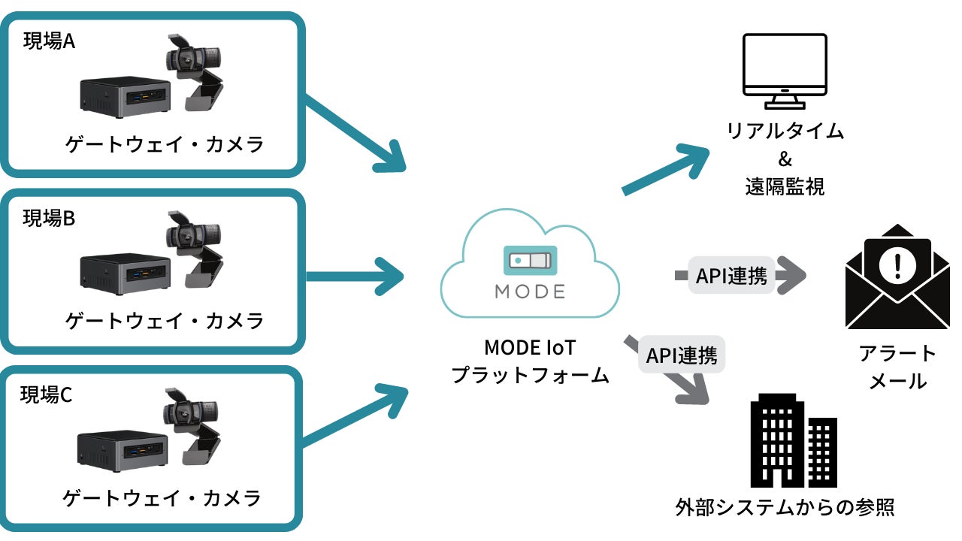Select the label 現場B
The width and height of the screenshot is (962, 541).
(49, 219)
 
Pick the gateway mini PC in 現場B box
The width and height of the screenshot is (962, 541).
(123, 271)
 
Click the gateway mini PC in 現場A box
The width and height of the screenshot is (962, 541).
(123, 95)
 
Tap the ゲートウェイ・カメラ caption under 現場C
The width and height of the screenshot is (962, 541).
(162, 497)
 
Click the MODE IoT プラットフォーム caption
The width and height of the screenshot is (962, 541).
(530, 361)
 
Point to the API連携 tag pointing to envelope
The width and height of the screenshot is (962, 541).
(731, 277)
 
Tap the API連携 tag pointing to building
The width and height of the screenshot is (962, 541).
(682, 355)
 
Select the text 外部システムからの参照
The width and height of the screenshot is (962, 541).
(785, 509)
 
